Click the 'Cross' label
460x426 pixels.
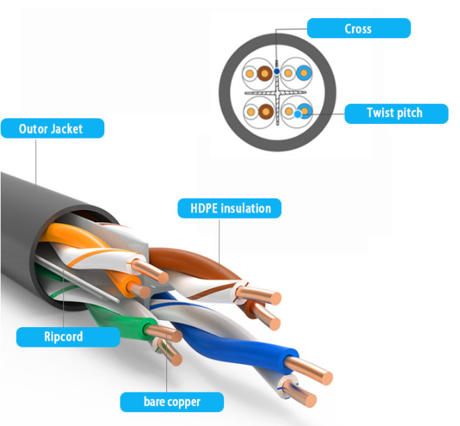point(358,29)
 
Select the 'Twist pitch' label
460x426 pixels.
point(395,113)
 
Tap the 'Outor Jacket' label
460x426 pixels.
point(51,128)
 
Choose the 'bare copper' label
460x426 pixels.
point(172,402)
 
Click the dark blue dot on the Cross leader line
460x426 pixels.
point(276,70)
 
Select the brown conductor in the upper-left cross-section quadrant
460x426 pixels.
point(264,73)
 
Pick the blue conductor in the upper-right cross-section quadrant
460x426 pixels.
point(303,73)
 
